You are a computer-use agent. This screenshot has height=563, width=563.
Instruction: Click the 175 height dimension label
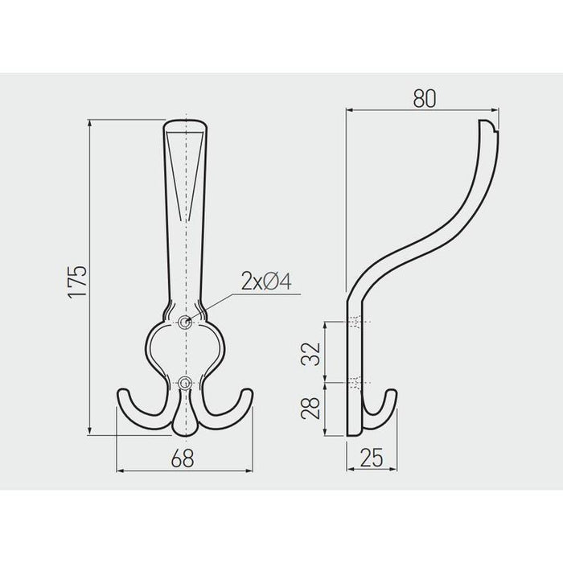(x=77, y=281)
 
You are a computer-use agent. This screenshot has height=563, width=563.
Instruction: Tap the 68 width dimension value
(x=183, y=458)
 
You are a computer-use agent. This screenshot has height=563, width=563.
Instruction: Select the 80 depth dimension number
(x=425, y=98)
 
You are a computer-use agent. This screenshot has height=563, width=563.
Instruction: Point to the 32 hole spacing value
(x=310, y=354)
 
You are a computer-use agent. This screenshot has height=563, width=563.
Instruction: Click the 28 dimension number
(x=310, y=409)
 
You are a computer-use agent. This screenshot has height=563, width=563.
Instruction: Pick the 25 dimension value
(x=372, y=458)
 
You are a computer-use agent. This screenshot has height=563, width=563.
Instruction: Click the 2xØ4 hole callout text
(x=266, y=281)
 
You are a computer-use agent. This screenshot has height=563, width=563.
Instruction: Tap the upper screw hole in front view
(x=185, y=322)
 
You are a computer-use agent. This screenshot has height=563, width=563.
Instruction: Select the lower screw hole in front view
(x=185, y=383)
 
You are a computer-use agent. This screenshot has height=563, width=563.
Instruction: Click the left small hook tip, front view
(x=123, y=391)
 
